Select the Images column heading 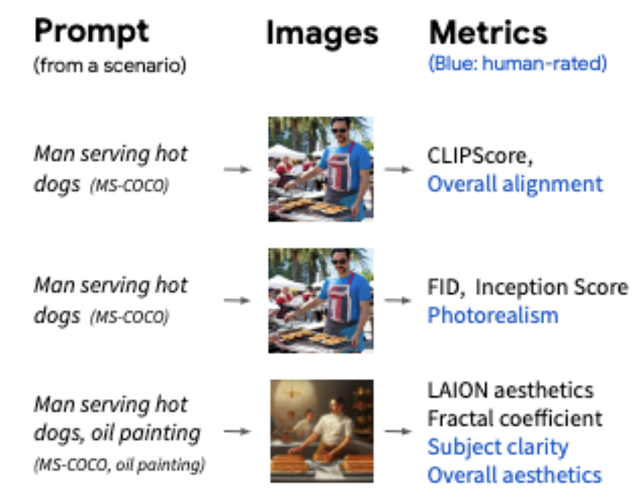pyautogui.click(x=322, y=33)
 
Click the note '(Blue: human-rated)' pyautogui.click(x=517, y=64)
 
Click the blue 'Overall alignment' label pyautogui.click(x=515, y=183)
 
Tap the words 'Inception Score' pyautogui.click(x=552, y=287)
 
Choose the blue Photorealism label pyautogui.click(x=493, y=315)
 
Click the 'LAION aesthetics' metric pyautogui.click(x=510, y=390)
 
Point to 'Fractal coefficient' pyautogui.click(x=515, y=418)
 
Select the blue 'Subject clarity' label pyautogui.click(x=498, y=446)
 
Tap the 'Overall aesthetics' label pyautogui.click(x=515, y=475)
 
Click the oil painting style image pyautogui.click(x=322, y=430)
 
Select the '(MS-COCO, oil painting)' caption pyautogui.click(x=120, y=465)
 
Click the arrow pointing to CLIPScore pyautogui.click(x=398, y=169)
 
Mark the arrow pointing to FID pyautogui.click(x=398, y=301)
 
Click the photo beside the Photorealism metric pyautogui.click(x=319, y=300)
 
